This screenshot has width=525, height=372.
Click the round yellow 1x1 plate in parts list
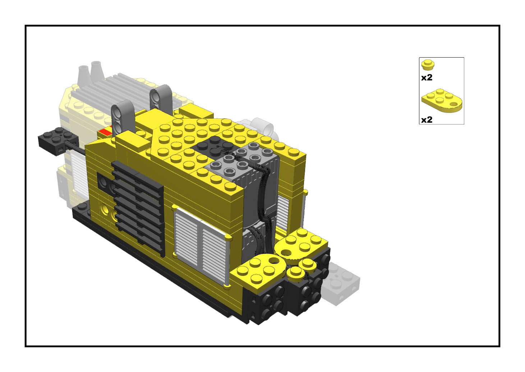pos(428,65)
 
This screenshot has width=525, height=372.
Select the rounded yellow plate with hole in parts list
pos(442,100)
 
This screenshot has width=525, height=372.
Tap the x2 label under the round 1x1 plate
pos(427,78)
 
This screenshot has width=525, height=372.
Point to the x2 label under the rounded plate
pos(427,120)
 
